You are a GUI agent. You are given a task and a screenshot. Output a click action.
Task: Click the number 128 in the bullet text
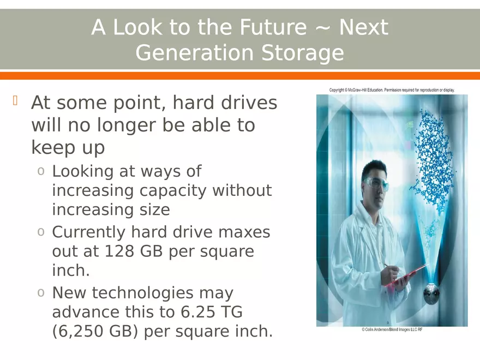[118, 251]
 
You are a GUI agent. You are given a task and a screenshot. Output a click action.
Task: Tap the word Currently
[88, 232]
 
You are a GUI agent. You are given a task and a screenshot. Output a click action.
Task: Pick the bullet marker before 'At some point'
[16, 101]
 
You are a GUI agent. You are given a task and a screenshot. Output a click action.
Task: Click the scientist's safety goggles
[376, 184]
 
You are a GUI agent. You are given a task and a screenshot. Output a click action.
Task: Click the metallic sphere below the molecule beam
[431, 295]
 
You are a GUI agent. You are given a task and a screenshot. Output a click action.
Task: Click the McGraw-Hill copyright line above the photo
[392, 90]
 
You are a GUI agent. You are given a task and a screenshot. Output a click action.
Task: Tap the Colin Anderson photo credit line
[392, 330]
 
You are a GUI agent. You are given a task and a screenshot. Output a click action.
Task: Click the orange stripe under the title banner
[240, 76]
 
